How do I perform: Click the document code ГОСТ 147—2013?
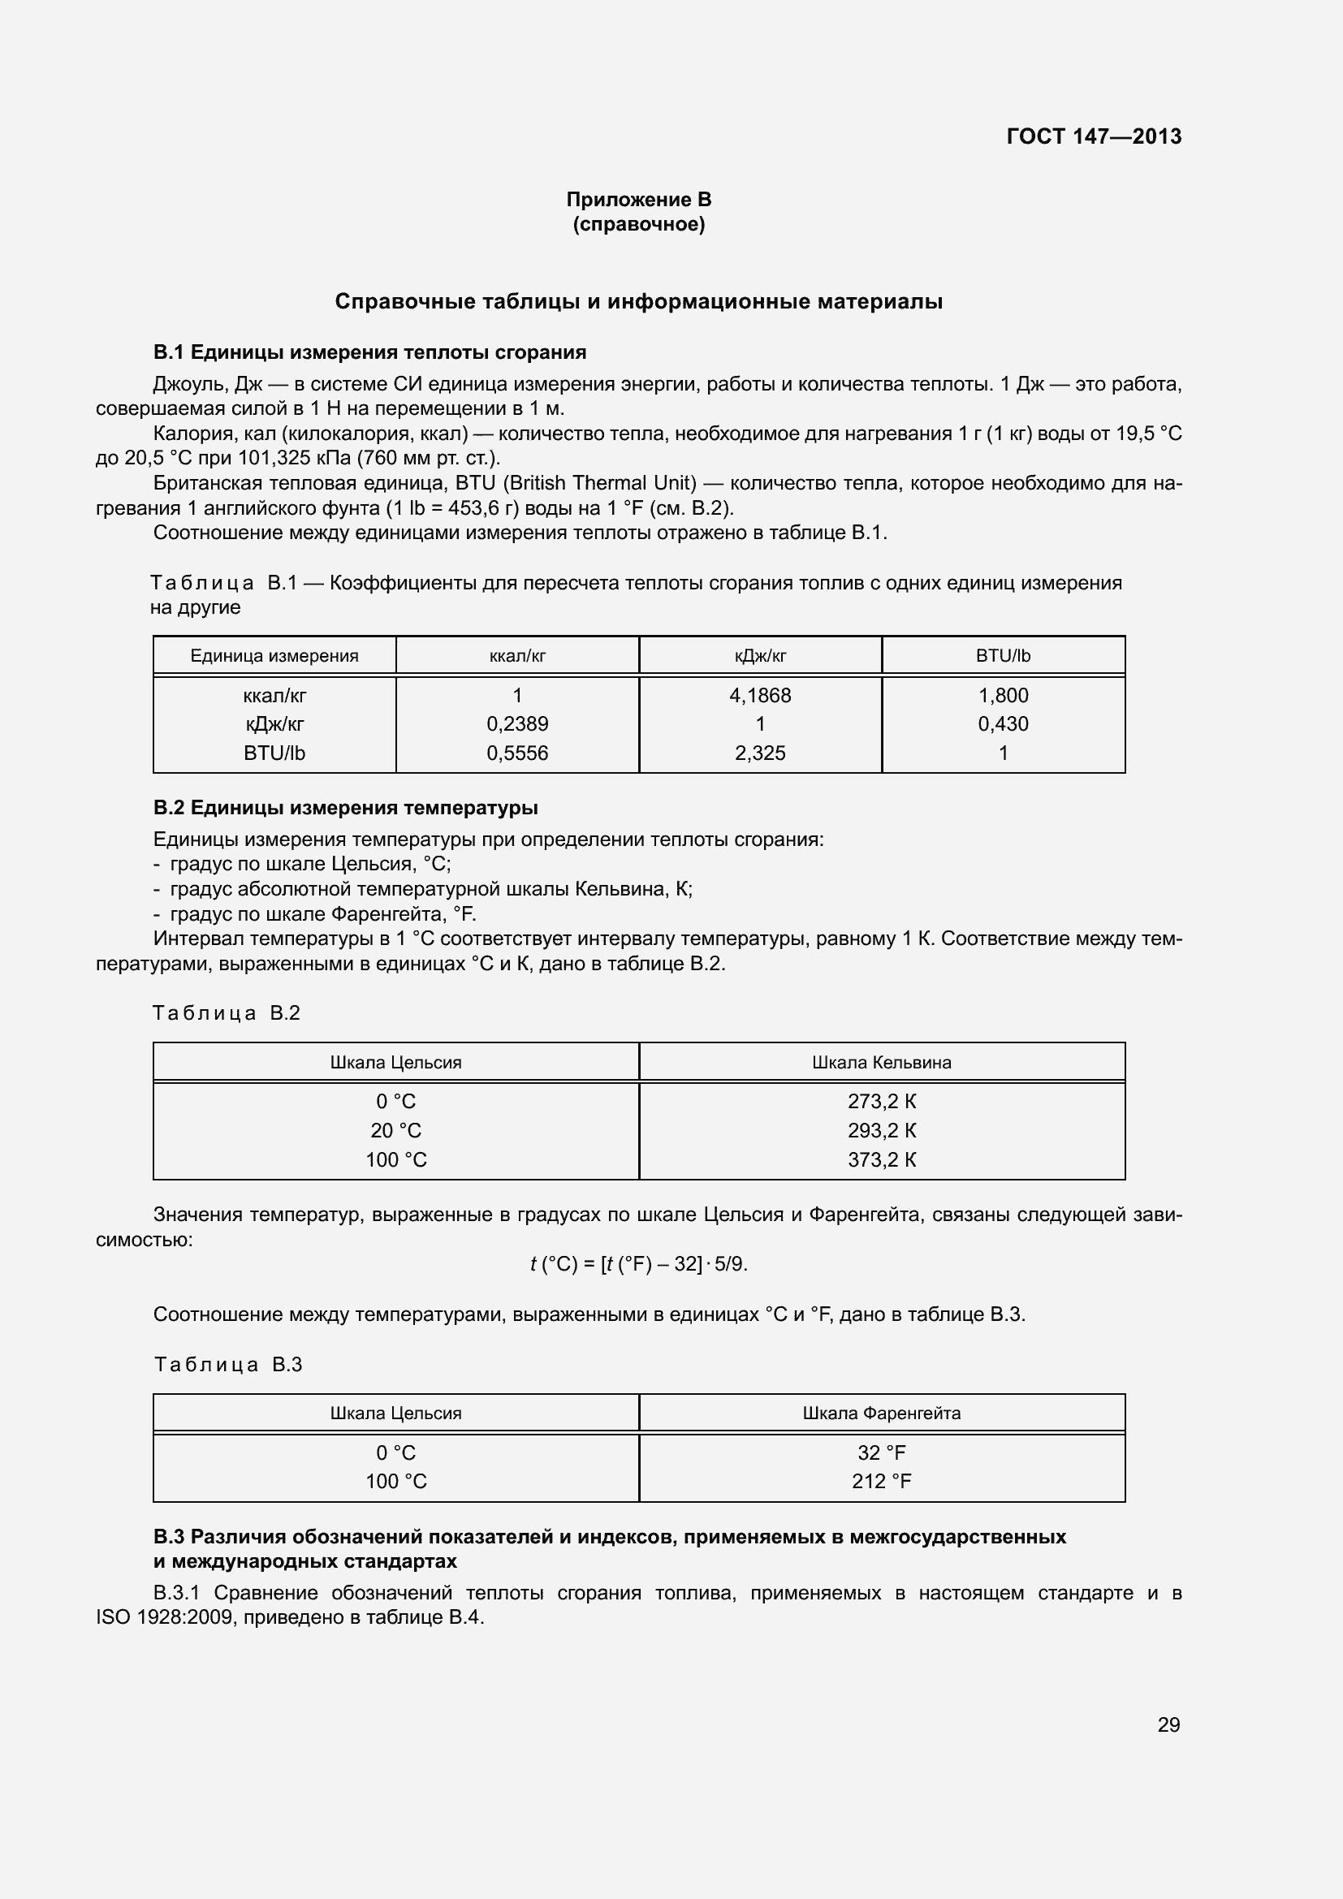pyautogui.click(x=1093, y=136)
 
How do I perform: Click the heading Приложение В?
pyautogui.click(x=638, y=200)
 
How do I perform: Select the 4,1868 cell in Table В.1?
pyautogui.click(x=760, y=696)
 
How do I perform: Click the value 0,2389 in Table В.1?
pyautogui.click(x=517, y=723)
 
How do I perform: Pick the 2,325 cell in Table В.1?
pyautogui.click(x=760, y=753)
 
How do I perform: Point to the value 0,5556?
pyautogui.click(x=517, y=753)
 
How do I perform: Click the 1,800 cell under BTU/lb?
pyautogui.click(x=1003, y=696)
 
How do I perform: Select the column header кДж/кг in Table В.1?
pyautogui.click(x=760, y=656)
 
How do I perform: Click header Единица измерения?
pyautogui.click(x=274, y=656)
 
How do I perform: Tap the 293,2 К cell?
pyautogui.click(x=882, y=1130)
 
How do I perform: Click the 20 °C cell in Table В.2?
pyautogui.click(x=396, y=1130)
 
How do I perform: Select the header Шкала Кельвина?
pyautogui.click(x=882, y=1062)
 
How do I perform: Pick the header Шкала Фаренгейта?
pyautogui.click(x=882, y=1413)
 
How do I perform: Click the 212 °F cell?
pyautogui.click(x=882, y=1482)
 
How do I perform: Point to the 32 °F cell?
pyautogui.click(x=882, y=1452)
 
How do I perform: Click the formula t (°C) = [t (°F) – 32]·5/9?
pyautogui.click(x=638, y=1264)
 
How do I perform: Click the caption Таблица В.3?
pyautogui.click(x=228, y=1365)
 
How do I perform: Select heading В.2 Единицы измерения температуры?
pyautogui.click(x=346, y=807)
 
